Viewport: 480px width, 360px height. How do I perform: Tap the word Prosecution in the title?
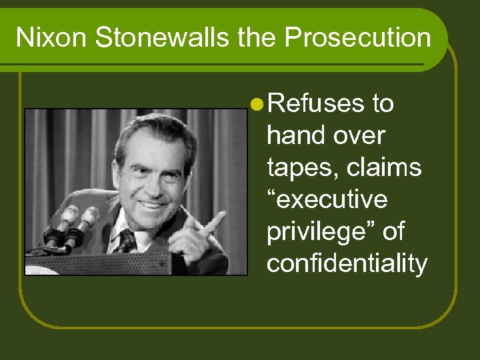point(358,37)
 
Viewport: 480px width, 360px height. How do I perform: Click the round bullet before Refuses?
point(257,104)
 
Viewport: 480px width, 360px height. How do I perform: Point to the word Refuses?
point(317,104)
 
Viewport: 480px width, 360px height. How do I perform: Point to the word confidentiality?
point(347,264)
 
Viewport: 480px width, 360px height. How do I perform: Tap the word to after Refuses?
point(382,104)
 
